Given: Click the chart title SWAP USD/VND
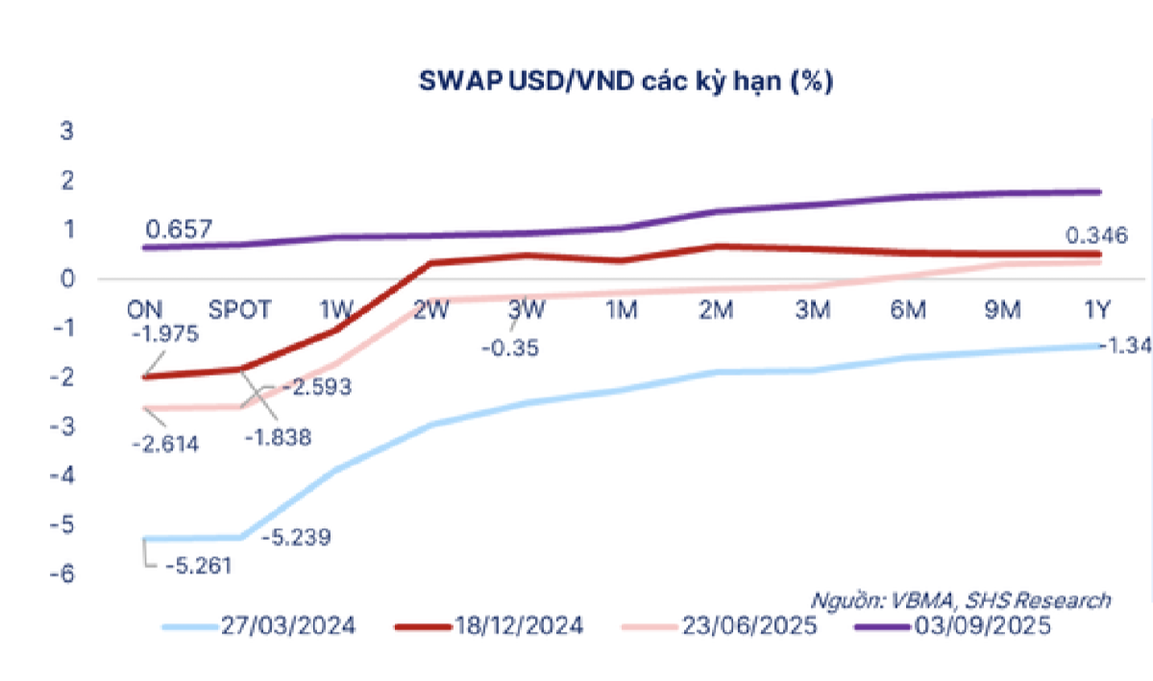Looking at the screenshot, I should [x=626, y=83].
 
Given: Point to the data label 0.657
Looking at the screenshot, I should [x=179, y=230].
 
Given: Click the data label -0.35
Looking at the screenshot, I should [x=509, y=346].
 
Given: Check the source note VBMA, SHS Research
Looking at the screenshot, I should [x=962, y=600].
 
